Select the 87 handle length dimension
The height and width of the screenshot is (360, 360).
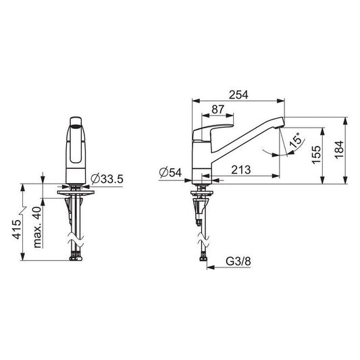point(217,109)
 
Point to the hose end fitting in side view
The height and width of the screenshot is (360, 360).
point(201,257)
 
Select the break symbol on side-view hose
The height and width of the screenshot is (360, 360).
point(201,239)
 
